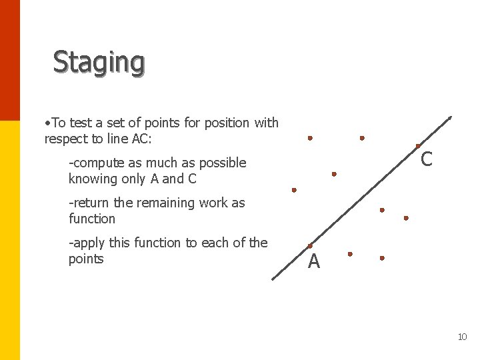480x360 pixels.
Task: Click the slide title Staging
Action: coord(99,62)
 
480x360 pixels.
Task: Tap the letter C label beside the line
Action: coord(427,159)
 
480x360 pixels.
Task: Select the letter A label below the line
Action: coord(314,262)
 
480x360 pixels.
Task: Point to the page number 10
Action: coord(462,337)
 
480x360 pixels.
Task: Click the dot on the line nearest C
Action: coord(418,146)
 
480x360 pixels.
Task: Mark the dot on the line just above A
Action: coord(310,246)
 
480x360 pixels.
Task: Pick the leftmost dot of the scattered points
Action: coord(294,190)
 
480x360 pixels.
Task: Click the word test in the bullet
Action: coord(80,123)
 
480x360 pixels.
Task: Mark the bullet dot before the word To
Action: coord(47,123)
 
